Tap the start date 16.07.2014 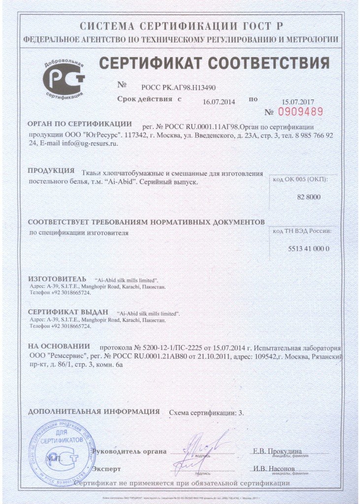pyautogui.click(x=219, y=101)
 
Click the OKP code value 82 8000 pyautogui.click(x=308, y=196)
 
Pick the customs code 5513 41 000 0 pyautogui.click(x=308, y=249)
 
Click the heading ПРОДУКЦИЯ pyautogui.click(x=50, y=171)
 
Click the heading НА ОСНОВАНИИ pyautogui.click(x=59, y=346)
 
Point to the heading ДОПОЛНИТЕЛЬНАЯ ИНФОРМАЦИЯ pyautogui.click(x=94, y=411)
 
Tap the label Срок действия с pyautogui.click(x=149, y=99)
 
